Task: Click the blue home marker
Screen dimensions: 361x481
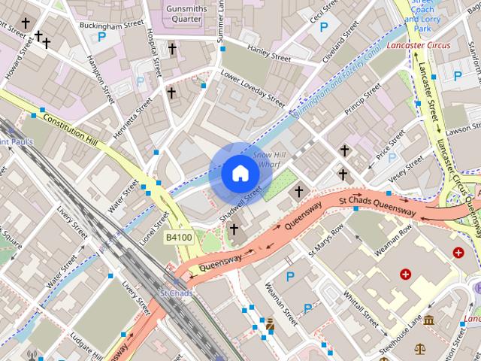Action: [x=239, y=173]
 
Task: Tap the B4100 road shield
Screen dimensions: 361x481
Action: [x=179, y=238]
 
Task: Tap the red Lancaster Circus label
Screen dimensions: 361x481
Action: [x=419, y=46]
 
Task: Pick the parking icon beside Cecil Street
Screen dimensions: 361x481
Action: [x=324, y=28]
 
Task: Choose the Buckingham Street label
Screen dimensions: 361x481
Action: [x=110, y=25]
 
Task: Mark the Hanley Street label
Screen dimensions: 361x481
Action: [x=268, y=54]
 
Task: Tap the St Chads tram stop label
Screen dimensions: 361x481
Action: [x=177, y=293]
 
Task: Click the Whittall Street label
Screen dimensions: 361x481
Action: [x=360, y=307]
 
